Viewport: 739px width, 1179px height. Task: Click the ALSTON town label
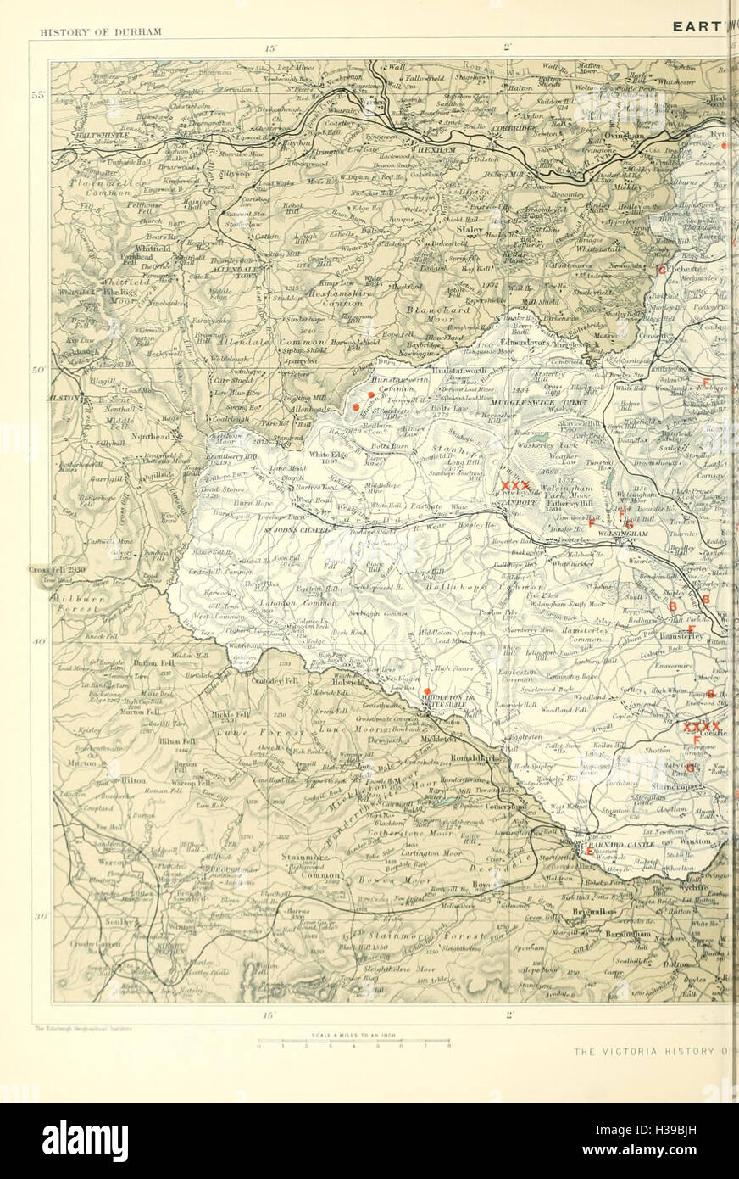click(x=67, y=397)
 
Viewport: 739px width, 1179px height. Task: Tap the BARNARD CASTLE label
click(x=632, y=847)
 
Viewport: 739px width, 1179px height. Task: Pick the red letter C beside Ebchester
click(x=662, y=270)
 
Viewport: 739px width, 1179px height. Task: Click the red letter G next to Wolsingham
click(x=629, y=525)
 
